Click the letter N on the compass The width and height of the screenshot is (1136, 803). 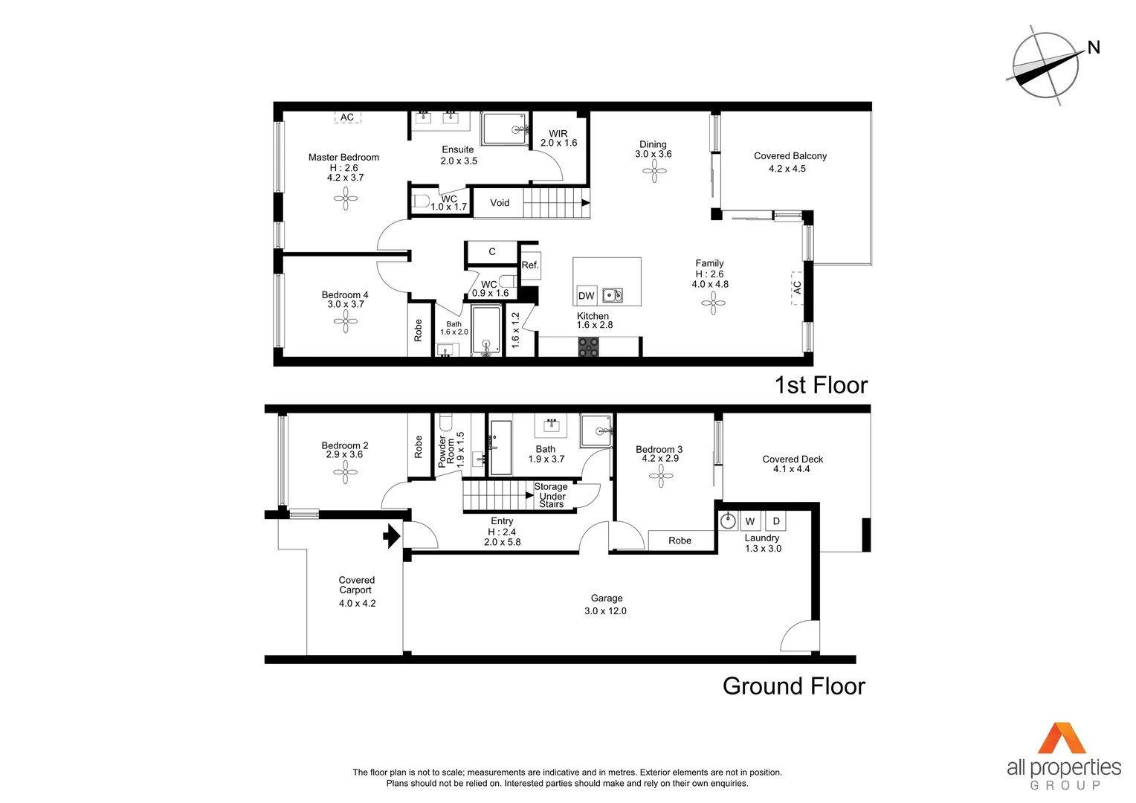pos(1093,48)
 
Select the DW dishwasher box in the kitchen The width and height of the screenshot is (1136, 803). pos(586,295)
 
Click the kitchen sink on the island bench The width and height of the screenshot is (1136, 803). pos(612,295)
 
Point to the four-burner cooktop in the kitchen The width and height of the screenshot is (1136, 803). pos(588,346)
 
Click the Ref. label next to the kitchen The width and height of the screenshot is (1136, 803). pos(529,265)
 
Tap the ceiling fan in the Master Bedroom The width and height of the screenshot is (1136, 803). pos(346,198)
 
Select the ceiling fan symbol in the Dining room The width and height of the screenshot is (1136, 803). pos(654,172)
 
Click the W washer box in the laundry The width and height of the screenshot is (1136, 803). pos(750,521)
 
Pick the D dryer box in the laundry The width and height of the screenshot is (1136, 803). pos(775,521)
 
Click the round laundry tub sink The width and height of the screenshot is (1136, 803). pos(728,520)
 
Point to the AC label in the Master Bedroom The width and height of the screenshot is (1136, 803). pos(347,117)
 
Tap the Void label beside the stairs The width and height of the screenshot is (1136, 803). pos(500,203)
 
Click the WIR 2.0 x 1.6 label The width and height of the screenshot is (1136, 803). pos(558,138)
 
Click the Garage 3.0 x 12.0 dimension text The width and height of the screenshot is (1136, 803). pos(605,610)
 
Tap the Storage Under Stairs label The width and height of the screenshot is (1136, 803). pos(551,495)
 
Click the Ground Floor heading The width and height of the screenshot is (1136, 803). pos(793,686)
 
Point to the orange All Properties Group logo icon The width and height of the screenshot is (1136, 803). pos(1062,738)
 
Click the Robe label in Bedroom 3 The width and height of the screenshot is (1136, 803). pos(680,541)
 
